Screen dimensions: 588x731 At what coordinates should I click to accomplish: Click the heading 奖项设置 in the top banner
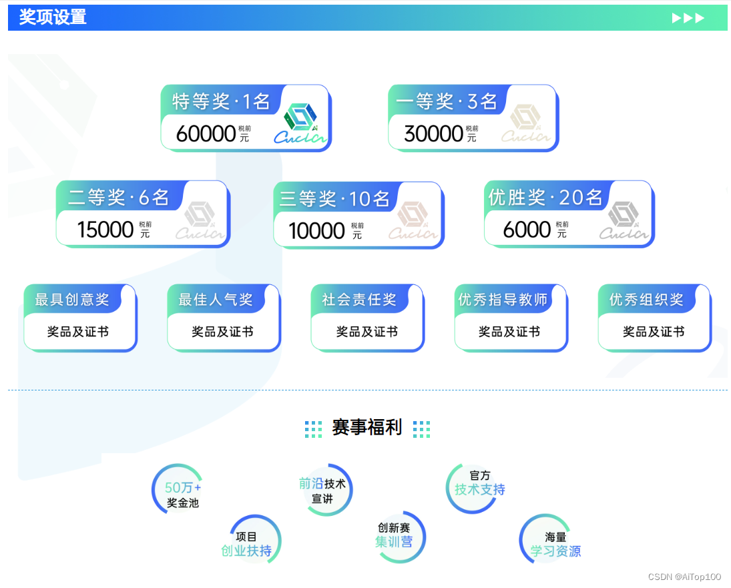click(53, 17)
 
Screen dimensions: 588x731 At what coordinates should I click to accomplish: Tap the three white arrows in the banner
click(688, 18)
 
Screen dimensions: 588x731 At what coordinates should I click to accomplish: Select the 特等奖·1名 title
click(221, 101)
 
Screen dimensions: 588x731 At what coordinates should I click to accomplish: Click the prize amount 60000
click(206, 134)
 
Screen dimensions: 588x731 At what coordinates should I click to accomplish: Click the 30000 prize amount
click(434, 134)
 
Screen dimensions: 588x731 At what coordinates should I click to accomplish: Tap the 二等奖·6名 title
click(119, 198)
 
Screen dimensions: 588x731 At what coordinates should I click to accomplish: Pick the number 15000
click(105, 230)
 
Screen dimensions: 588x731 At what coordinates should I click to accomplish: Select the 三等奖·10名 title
click(334, 199)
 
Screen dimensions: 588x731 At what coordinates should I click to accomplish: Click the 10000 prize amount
click(316, 231)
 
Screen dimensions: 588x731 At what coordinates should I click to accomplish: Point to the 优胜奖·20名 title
click(545, 198)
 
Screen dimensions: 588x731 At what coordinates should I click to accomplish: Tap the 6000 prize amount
click(527, 230)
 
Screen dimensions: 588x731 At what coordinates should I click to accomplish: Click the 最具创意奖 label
click(72, 300)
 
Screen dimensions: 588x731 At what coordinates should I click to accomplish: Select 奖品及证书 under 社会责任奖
click(367, 332)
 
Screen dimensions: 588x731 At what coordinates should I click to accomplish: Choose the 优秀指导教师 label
click(503, 300)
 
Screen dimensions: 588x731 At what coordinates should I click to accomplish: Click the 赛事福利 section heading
click(367, 428)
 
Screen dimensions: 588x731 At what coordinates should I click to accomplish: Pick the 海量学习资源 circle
click(555, 544)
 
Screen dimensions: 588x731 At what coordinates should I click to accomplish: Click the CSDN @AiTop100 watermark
click(684, 577)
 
